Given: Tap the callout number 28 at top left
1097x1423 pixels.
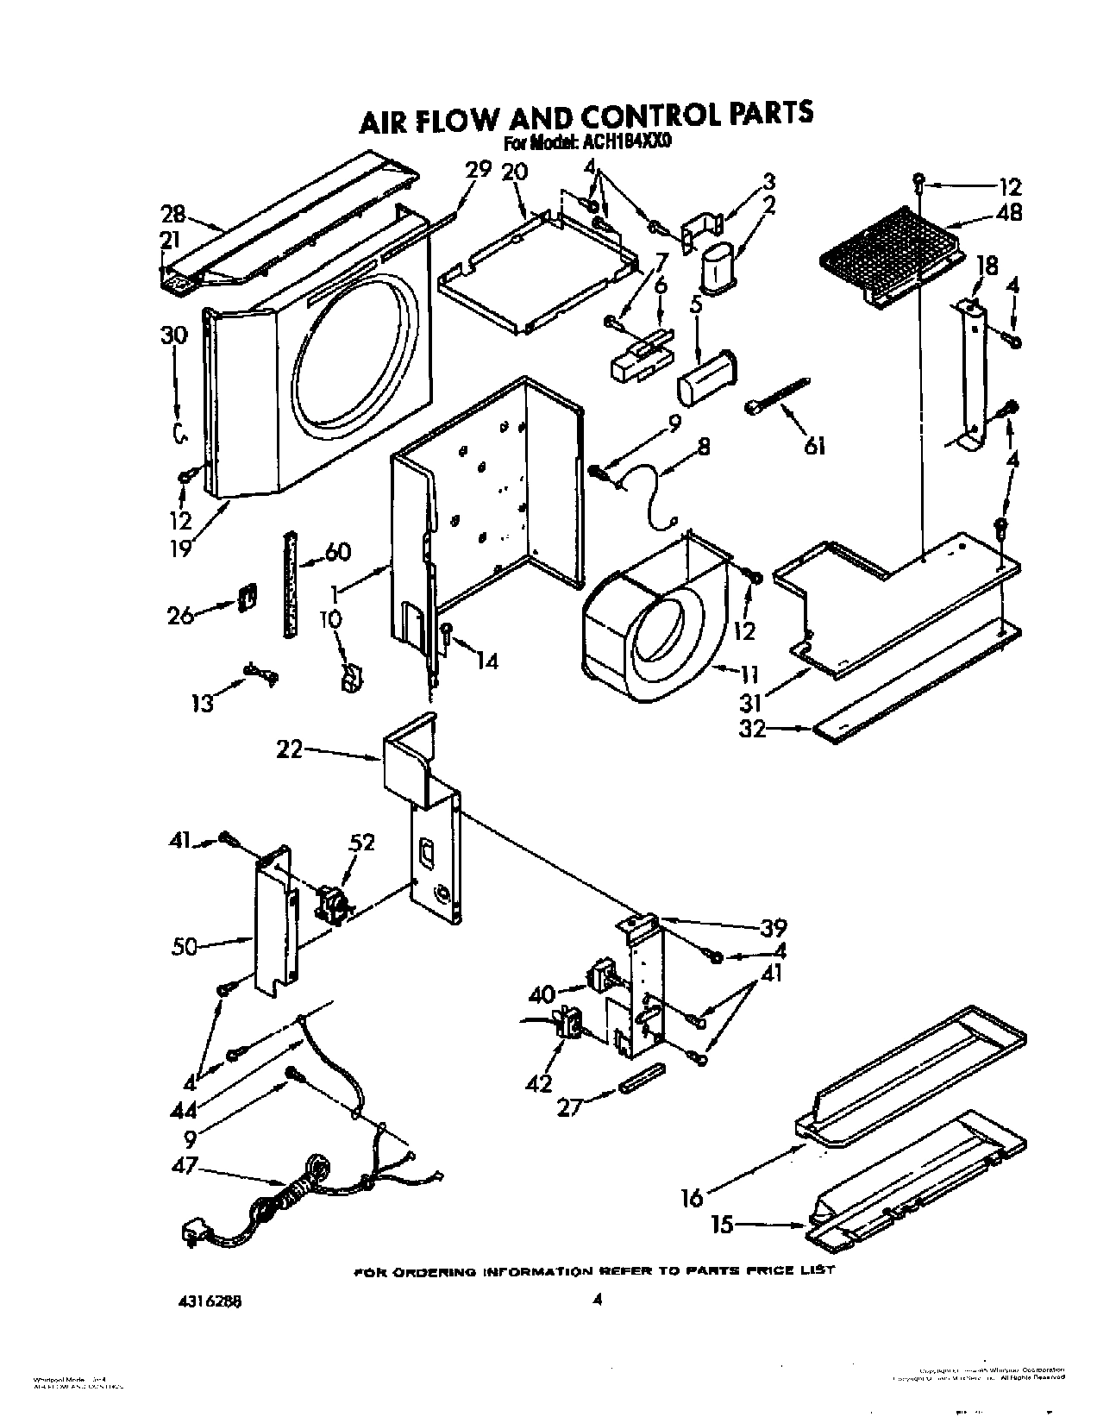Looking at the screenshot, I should [x=173, y=213].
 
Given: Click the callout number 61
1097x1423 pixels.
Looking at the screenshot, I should [x=815, y=446].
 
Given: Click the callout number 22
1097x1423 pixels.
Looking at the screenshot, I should [x=290, y=750].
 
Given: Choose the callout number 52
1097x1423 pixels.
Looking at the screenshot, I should [x=361, y=842].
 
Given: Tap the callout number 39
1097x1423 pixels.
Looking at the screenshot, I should [x=774, y=928].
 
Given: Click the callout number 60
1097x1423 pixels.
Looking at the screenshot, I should [x=335, y=551].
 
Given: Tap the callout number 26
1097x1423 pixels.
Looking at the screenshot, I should [x=180, y=616].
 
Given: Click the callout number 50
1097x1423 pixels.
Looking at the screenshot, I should [x=185, y=946].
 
